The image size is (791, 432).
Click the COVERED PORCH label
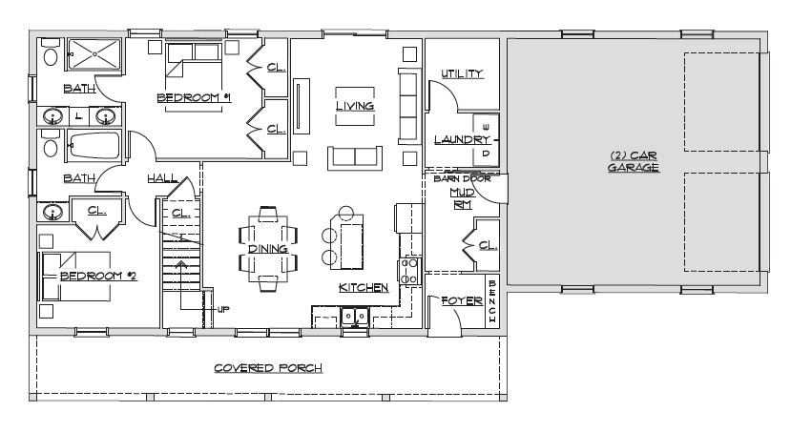[268, 368]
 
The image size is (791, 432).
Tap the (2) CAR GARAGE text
[634, 161]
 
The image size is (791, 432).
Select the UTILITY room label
[462, 73]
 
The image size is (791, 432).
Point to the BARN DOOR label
[462, 178]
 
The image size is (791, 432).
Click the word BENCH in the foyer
[491, 301]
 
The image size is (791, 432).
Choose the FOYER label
[462, 301]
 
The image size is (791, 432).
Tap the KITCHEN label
[364, 287]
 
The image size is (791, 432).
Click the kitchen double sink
[355, 318]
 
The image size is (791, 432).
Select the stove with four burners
[409, 271]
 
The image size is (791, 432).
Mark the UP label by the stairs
[223, 309]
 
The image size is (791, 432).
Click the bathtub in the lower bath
[94, 146]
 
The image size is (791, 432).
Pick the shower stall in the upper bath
[94, 53]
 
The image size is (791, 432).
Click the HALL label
[162, 178]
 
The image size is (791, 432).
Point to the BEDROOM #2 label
[98, 276]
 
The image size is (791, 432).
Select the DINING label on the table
[268, 249]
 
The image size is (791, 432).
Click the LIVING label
[355, 106]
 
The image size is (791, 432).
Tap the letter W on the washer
[487, 127]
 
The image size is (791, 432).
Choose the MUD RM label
[462, 198]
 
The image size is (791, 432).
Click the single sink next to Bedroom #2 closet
[53, 212]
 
